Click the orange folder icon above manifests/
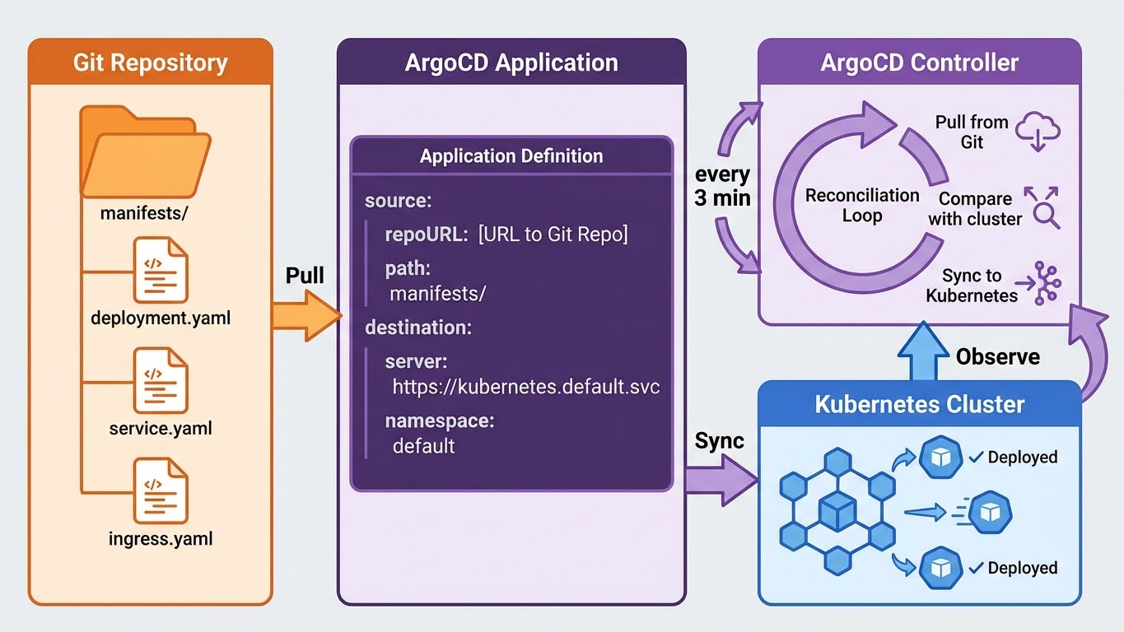click(144, 152)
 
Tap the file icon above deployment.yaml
click(161, 269)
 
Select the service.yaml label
click(161, 429)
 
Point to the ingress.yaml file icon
click(161, 491)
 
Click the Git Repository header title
click(150, 63)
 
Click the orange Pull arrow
click(305, 315)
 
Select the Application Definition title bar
click(511, 156)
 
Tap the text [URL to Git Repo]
click(553, 235)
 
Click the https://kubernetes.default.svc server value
click(525, 387)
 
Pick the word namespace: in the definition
click(439, 421)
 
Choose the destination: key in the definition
click(418, 328)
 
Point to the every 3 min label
click(722, 186)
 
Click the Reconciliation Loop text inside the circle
click(861, 206)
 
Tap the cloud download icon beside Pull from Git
click(1037, 132)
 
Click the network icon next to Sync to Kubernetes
click(1043, 285)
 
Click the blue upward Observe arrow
click(921, 352)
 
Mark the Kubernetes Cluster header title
click(919, 405)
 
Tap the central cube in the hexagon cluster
click(837, 512)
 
